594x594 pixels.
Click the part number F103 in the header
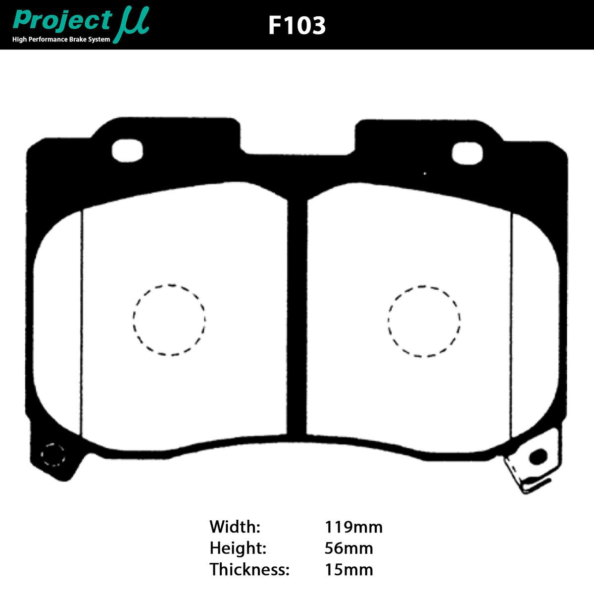[297, 25]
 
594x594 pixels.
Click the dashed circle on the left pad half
[169, 320]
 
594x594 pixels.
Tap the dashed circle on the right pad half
[424, 321]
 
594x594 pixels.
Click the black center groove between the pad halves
[297, 317]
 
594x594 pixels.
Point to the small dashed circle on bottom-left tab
[52, 454]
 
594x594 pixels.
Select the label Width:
[235, 527]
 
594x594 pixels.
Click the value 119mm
[353, 527]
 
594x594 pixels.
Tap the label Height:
[238, 548]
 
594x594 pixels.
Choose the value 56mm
[348, 548]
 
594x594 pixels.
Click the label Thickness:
[249, 570]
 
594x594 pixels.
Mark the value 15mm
[348, 570]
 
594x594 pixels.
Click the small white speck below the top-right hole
[425, 173]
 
